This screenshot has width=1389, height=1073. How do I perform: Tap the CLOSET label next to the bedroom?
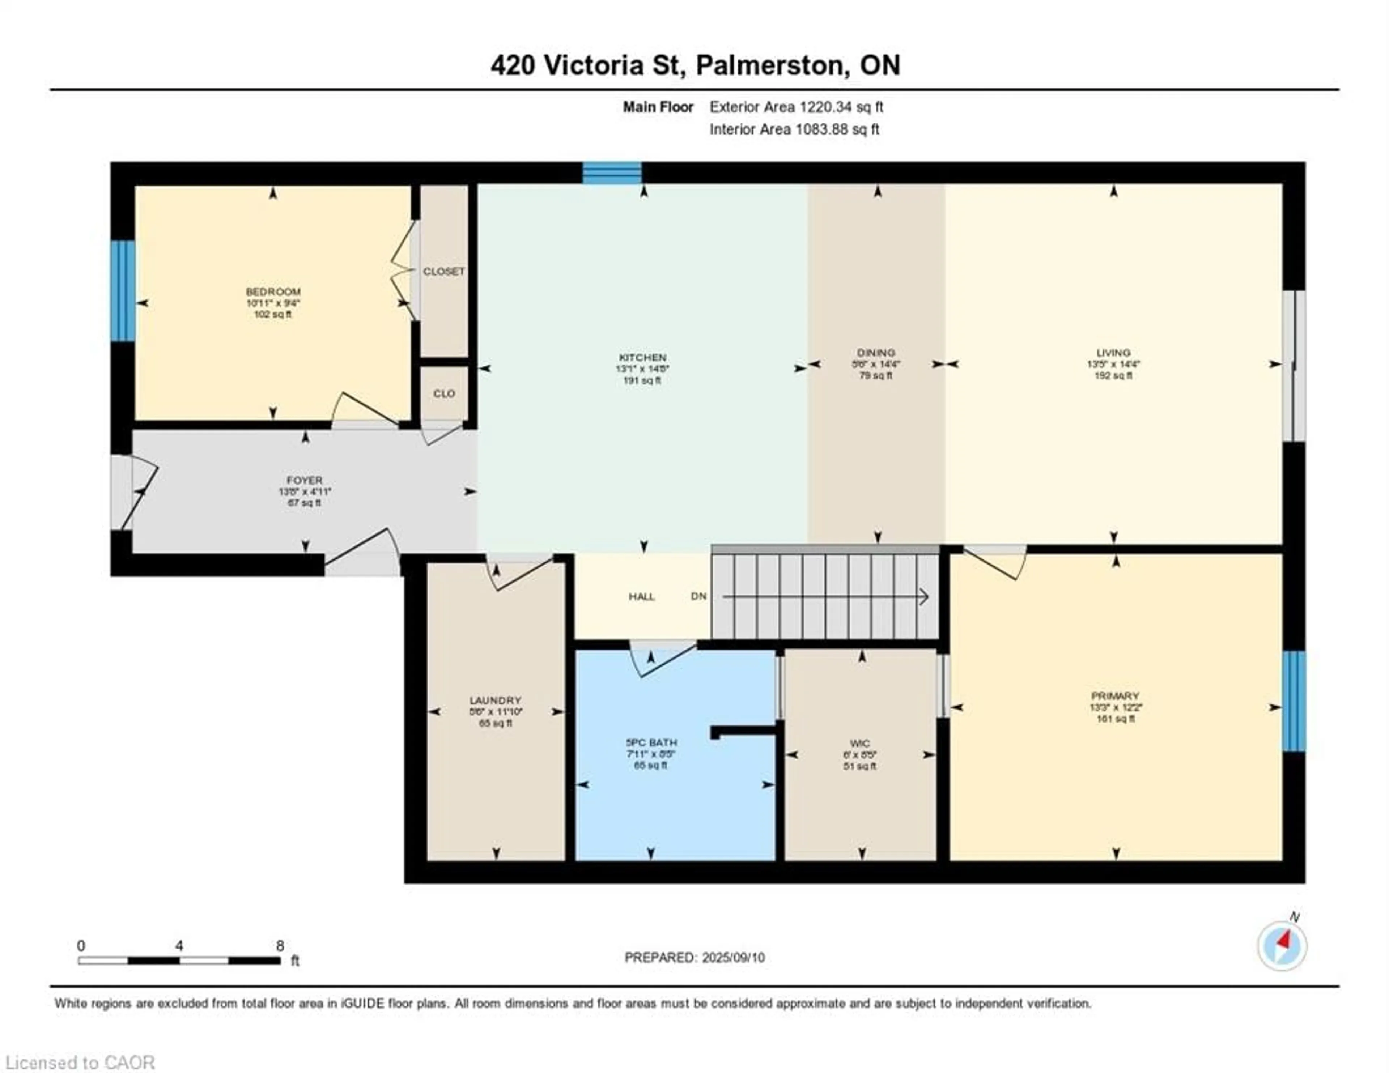tap(444, 272)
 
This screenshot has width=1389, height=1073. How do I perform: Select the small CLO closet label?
tap(444, 394)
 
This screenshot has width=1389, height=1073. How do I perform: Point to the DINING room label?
tap(876, 352)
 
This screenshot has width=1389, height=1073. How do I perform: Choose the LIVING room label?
tap(1113, 352)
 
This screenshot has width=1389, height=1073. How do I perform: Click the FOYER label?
tap(305, 480)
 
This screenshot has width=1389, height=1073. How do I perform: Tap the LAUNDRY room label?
tap(496, 700)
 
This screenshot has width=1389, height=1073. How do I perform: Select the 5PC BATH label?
tap(651, 742)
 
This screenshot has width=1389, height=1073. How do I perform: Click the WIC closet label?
tap(860, 743)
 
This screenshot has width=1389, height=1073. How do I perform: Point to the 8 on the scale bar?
tap(280, 946)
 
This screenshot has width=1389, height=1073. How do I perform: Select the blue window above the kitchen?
tap(612, 173)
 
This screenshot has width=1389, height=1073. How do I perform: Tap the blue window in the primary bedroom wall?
tap(1294, 701)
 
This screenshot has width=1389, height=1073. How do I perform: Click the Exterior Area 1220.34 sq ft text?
tap(796, 107)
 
